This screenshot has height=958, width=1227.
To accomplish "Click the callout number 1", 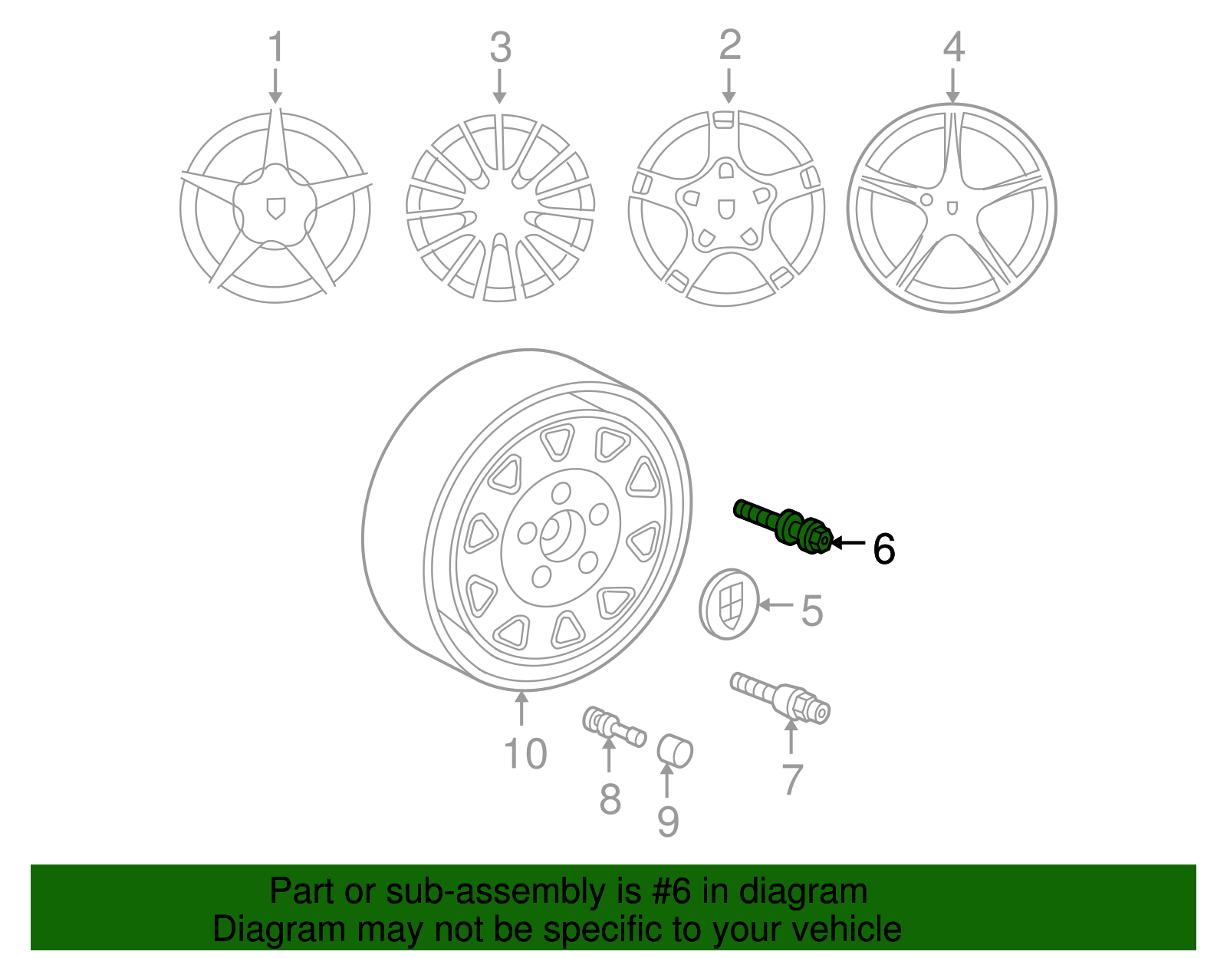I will click(x=275, y=48).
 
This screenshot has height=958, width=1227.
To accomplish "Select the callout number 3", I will click(x=500, y=48).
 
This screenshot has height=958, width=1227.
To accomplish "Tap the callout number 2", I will click(x=729, y=45).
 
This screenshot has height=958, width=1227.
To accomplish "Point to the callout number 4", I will click(x=953, y=47).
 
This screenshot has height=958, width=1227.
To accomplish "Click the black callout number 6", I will click(x=884, y=549).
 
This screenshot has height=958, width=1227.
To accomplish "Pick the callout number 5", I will click(x=811, y=611).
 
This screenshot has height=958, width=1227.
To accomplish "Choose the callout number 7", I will click(x=791, y=779).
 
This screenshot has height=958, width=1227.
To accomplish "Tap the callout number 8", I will click(x=610, y=799).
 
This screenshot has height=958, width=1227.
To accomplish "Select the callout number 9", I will click(x=668, y=821).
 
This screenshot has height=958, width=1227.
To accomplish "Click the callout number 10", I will click(x=525, y=753).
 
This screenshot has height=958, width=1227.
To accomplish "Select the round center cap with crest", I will click(x=729, y=604).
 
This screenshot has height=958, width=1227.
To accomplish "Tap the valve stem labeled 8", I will click(x=613, y=727).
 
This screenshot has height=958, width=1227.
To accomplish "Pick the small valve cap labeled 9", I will click(x=675, y=749).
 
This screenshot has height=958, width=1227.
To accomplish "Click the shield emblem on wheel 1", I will click(x=275, y=208).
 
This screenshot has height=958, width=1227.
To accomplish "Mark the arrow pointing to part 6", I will click(x=849, y=542).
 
